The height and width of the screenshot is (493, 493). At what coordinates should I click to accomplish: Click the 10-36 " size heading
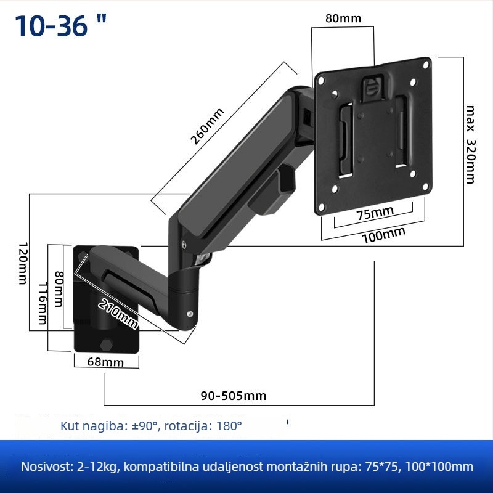60,26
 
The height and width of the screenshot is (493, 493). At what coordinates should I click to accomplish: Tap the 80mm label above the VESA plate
343,18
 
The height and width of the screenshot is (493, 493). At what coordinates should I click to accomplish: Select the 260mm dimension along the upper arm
207,126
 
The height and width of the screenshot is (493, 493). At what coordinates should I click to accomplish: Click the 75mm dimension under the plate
375,213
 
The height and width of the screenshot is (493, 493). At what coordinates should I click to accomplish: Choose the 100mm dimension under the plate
383,234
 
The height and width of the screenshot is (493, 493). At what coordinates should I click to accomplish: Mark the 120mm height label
22,263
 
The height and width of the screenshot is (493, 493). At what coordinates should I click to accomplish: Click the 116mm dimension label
42,303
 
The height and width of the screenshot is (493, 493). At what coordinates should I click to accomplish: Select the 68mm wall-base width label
105,362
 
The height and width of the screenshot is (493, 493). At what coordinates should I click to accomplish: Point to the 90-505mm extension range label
234,396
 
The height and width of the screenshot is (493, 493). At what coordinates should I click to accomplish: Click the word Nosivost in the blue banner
44,467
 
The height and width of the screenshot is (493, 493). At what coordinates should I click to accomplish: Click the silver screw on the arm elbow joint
184,244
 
